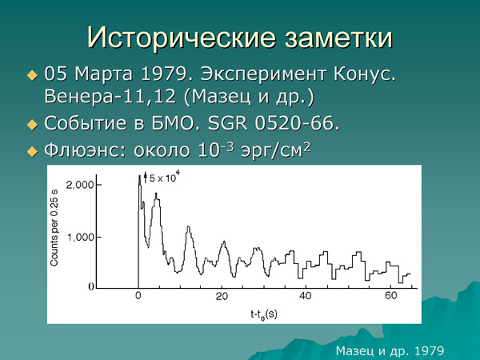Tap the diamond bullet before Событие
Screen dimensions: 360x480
[x=32, y=126]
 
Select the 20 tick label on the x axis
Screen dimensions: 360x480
[x=222, y=297]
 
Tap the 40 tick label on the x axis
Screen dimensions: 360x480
[x=305, y=297]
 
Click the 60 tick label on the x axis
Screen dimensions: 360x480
[x=390, y=297]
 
